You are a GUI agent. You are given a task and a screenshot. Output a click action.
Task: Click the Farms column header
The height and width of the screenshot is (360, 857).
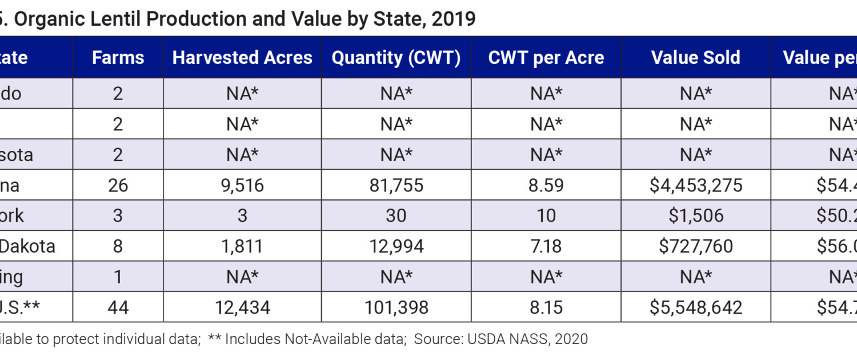(x=118, y=58)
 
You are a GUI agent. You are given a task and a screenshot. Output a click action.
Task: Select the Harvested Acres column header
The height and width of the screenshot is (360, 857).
(x=242, y=58)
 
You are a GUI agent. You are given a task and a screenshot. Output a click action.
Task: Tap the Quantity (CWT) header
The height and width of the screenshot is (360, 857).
(x=396, y=58)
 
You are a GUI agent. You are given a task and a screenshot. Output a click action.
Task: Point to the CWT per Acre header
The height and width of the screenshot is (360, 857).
(x=546, y=58)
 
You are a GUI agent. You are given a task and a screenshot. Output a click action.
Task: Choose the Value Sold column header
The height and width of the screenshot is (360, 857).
(x=696, y=58)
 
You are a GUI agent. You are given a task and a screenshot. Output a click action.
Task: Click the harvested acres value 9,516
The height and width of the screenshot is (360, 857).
(x=242, y=185)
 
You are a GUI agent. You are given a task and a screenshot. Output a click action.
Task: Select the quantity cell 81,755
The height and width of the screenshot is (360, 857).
(x=396, y=185)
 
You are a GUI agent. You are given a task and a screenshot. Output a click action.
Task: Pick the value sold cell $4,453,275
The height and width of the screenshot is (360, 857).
(x=696, y=185)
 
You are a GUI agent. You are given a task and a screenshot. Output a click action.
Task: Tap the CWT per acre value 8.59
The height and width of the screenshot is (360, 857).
(x=546, y=185)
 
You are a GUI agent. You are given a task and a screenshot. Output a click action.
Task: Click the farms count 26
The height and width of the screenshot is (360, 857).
(x=118, y=185)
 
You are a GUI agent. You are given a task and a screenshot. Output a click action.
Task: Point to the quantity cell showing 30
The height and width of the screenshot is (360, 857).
(x=396, y=215)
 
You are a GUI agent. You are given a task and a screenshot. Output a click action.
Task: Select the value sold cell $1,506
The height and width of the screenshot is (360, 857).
(x=696, y=215)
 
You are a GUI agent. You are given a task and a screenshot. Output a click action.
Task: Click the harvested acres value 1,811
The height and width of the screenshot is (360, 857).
(x=242, y=246)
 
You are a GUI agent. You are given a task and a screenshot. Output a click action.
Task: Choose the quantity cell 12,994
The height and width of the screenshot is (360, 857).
(x=396, y=246)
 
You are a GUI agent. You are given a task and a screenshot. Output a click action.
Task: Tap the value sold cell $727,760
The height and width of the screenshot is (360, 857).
(x=696, y=246)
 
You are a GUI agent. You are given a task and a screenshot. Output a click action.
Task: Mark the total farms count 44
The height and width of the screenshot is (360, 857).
(x=118, y=307)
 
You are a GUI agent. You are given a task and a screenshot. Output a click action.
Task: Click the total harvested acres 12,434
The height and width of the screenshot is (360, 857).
(x=242, y=307)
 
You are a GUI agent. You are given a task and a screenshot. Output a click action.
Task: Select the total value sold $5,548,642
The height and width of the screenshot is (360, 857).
(x=696, y=307)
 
